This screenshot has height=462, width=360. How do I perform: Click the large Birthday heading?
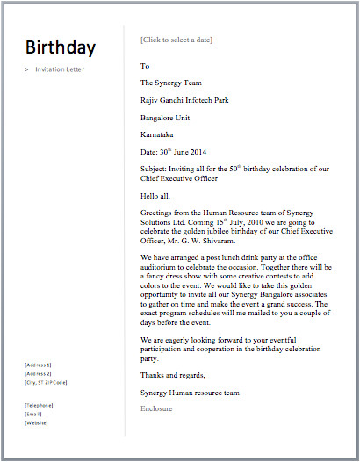[x=61, y=47]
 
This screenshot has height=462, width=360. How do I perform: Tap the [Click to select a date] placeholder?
[x=176, y=40]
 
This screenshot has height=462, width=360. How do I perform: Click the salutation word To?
[x=145, y=66]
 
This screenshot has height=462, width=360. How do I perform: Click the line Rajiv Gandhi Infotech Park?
[x=184, y=100]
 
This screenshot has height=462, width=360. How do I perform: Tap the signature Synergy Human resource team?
[x=189, y=393]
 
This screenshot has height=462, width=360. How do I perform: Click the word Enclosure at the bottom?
[x=156, y=408]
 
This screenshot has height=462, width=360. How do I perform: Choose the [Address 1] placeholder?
[x=39, y=365]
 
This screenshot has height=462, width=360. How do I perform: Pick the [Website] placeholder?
[x=36, y=423]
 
